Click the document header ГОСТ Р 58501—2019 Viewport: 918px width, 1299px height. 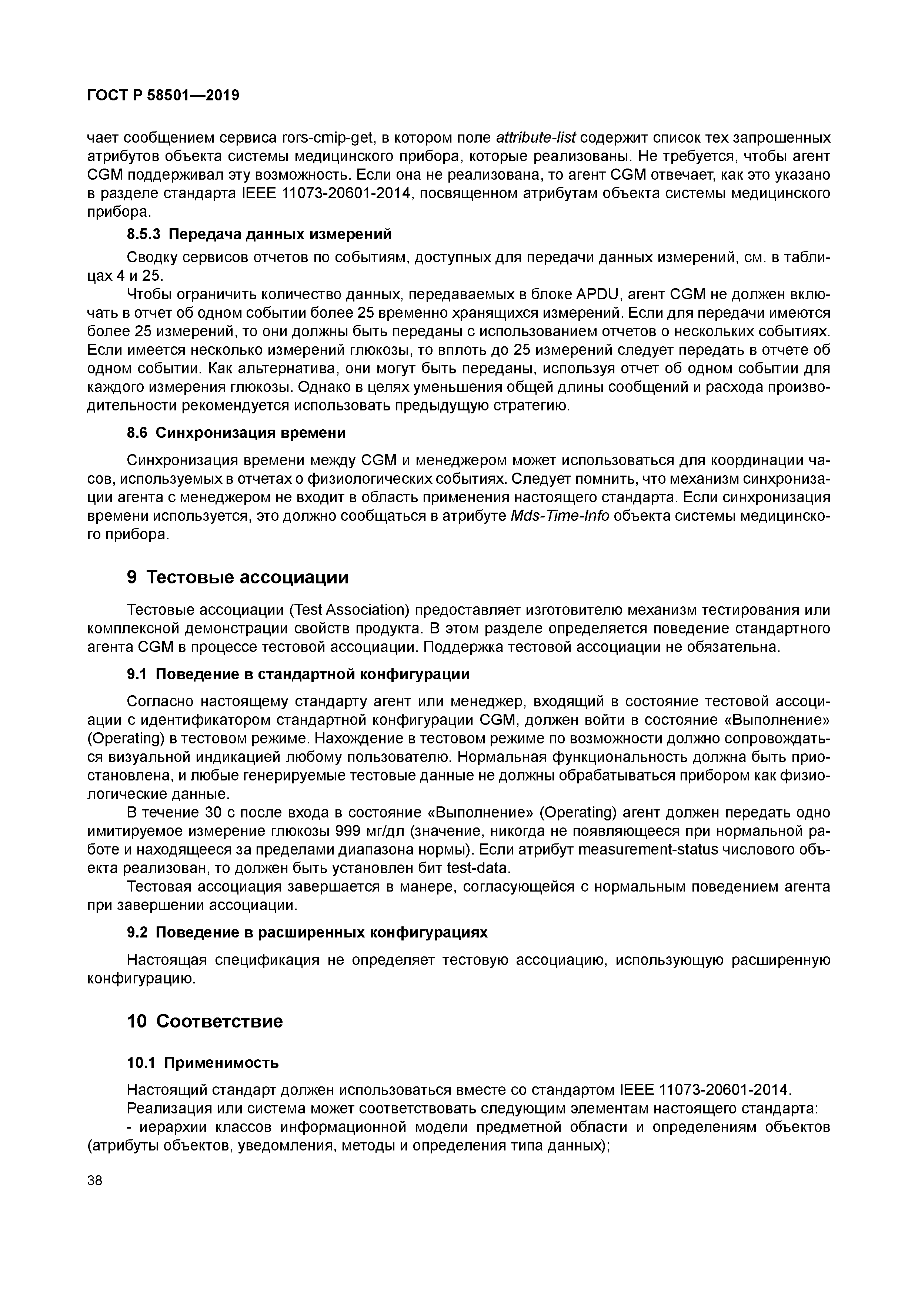click(x=163, y=96)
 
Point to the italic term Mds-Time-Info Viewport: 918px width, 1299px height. click(x=560, y=516)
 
